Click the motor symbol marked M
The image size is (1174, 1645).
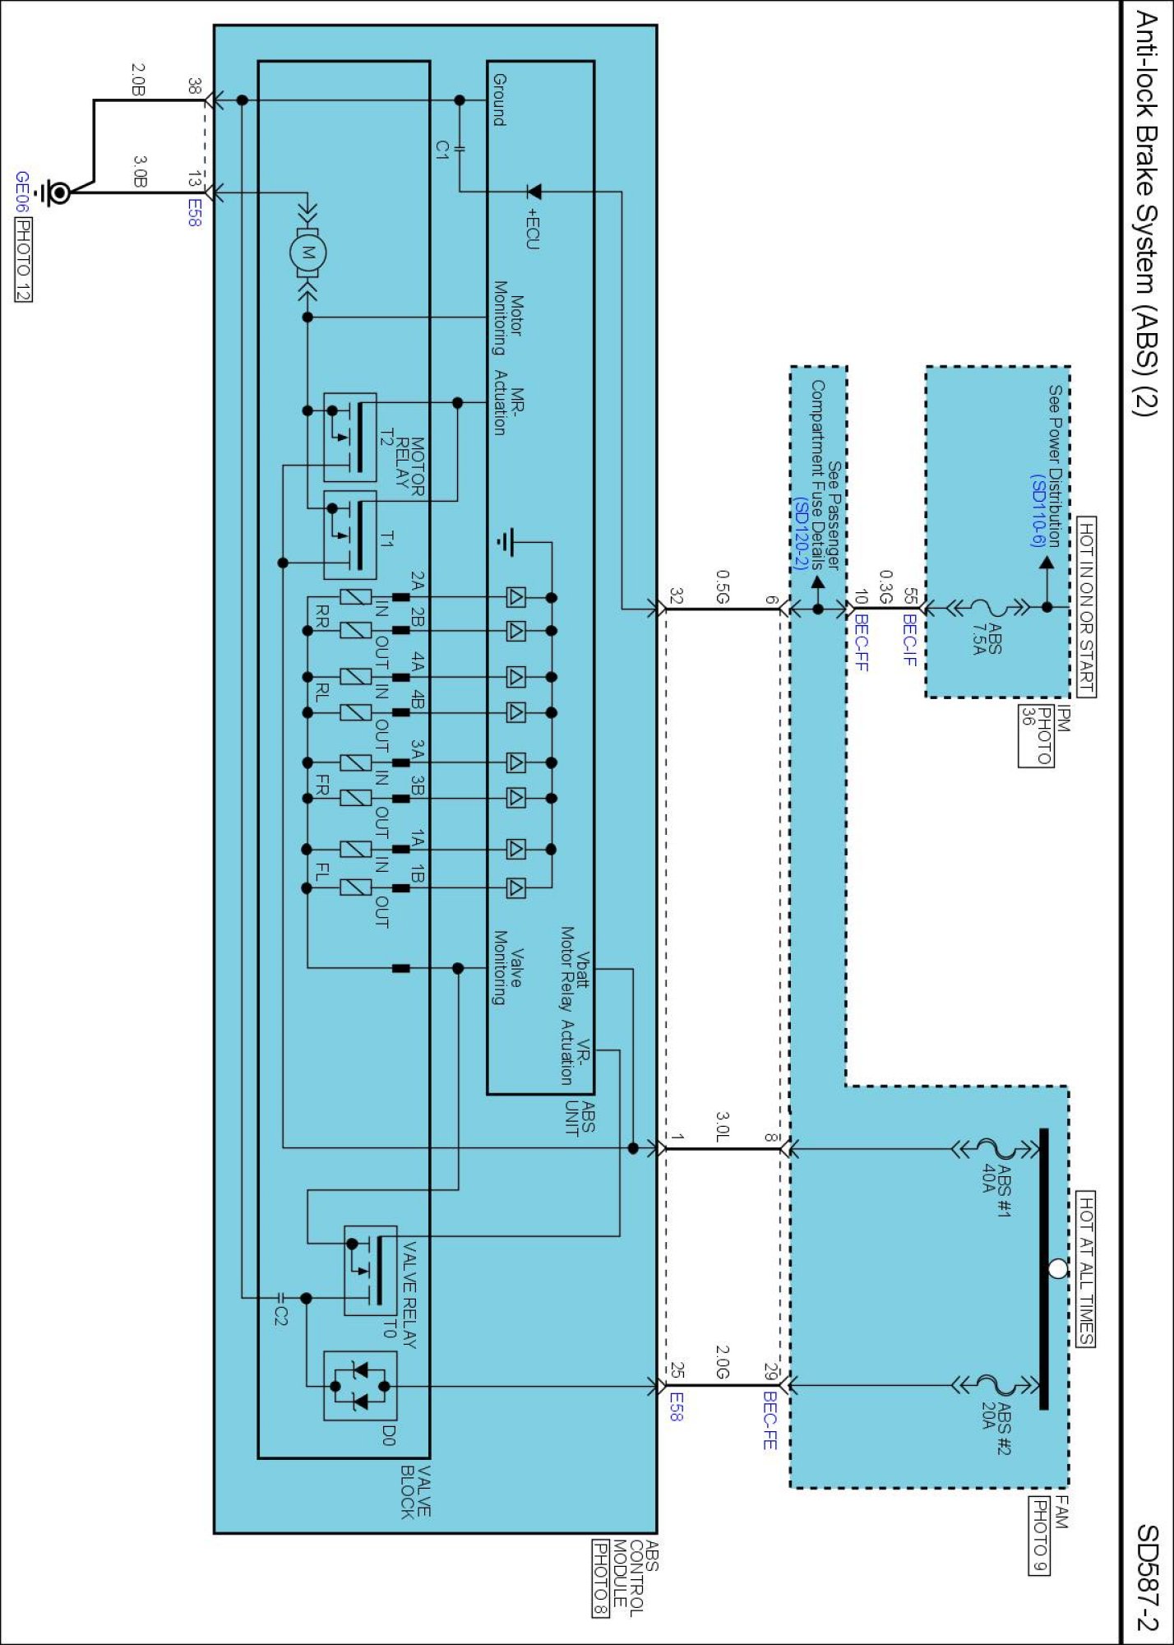308,253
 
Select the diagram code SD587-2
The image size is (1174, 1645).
1147,1578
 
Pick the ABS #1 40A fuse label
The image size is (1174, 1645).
996,1189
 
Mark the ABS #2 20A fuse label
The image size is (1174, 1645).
996,1426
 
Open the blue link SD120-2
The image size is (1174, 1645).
800,533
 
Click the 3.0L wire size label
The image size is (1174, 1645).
723,1127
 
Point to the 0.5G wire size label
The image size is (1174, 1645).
723,587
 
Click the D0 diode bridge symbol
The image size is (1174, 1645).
360,1386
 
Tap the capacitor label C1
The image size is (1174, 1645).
443,150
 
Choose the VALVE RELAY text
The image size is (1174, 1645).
409,1295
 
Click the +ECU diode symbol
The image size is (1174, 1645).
534,192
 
